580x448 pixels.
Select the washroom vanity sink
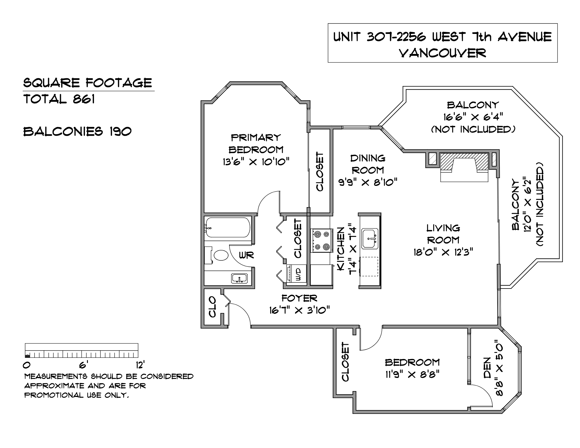pyautogui.click(x=239, y=278)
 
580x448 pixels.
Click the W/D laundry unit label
pyautogui.click(x=299, y=274)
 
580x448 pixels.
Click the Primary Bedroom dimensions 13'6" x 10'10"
pyautogui.click(x=256, y=162)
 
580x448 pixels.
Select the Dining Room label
pyautogui.click(x=368, y=164)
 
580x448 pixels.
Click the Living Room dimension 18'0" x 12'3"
pyautogui.click(x=443, y=252)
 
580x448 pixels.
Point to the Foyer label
pyautogui.click(x=299, y=298)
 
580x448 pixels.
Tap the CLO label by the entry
pyautogui.click(x=212, y=306)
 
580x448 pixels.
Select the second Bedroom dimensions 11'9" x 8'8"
pyautogui.click(x=412, y=375)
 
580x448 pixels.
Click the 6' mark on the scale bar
pyautogui.click(x=82, y=364)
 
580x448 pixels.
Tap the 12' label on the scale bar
pyautogui.click(x=140, y=364)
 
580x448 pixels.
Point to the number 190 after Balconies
pyautogui.click(x=120, y=131)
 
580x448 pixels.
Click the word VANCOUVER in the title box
pyautogui.click(x=443, y=53)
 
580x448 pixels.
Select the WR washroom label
pyautogui.click(x=246, y=255)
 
